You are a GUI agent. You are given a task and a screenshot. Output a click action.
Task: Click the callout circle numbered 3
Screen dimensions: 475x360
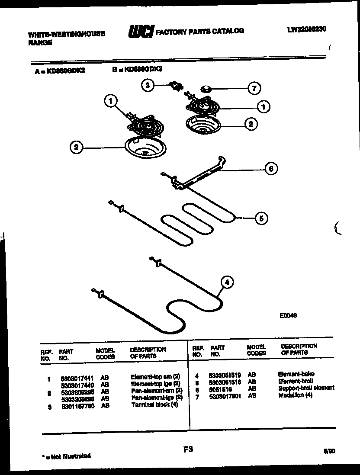pos(148,86)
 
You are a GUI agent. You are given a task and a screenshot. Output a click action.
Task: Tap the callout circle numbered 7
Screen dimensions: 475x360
pos(254,89)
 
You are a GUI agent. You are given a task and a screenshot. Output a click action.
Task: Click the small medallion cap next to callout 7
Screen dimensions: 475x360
pos(206,90)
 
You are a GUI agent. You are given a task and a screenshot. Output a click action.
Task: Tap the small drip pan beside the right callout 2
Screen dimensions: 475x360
pos(202,125)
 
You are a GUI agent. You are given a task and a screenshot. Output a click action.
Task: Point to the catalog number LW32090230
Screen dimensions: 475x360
pos(306,29)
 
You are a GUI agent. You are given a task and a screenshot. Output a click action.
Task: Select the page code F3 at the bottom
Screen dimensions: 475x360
pos(187,450)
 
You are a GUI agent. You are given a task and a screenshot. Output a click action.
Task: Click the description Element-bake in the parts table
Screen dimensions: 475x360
pos(296,374)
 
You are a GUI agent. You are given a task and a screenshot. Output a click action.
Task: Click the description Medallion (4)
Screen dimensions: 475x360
pos(295,395)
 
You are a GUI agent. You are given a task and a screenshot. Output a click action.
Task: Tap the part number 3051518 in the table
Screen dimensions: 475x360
pos(220,388)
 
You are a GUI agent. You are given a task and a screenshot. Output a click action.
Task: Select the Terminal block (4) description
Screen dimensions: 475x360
pos(154,404)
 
